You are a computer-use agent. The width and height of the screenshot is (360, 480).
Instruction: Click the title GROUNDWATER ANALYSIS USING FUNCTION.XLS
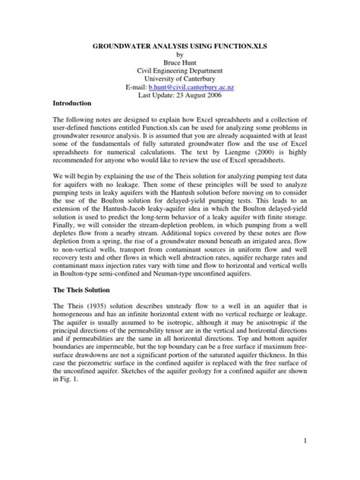[x=180, y=46]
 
